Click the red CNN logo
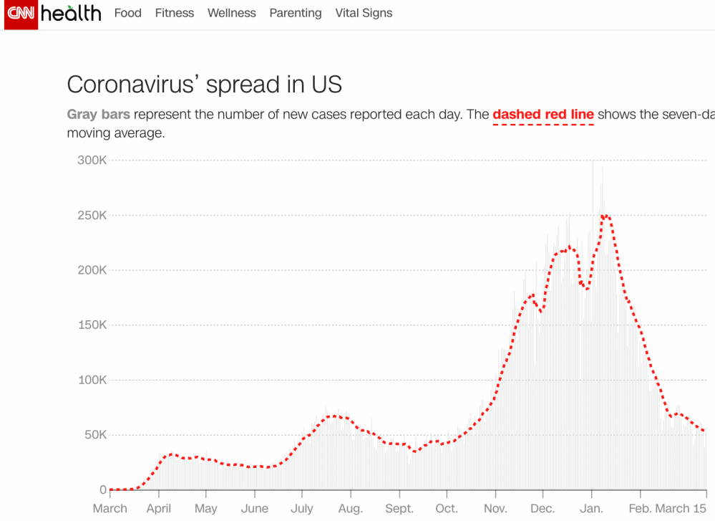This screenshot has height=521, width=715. tap(20, 14)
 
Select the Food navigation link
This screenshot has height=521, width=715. tap(128, 13)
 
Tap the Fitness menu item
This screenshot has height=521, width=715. tap(175, 13)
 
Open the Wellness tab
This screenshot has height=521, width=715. tap(231, 13)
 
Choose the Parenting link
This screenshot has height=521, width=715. tap(296, 13)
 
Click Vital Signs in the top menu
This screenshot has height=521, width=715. tap(364, 13)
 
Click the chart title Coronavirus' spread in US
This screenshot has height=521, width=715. tap(204, 85)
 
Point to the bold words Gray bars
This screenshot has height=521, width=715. tap(98, 115)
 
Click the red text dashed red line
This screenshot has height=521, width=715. tap(543, 115)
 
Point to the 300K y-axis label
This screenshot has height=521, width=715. tap(92, 161)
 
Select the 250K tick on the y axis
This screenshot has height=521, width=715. tap(92, 216)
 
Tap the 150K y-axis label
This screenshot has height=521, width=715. tap(92, 325)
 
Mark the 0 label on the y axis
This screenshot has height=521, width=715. tap(103, 490)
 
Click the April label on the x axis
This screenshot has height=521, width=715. tap(159, 509)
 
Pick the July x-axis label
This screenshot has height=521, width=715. tap(302, 509)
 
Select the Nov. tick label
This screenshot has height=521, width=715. tap(495, 509)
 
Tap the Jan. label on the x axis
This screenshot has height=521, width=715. tap(592, 509)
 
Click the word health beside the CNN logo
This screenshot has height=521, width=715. tap(71, 13)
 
